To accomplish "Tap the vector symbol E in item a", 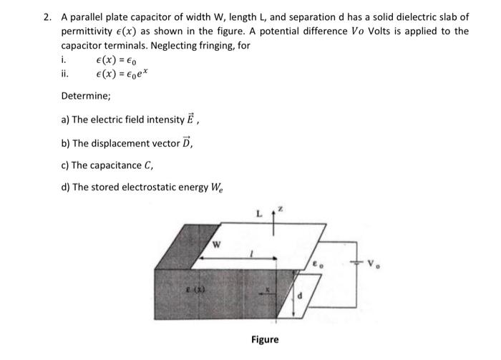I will pyautogui.click(x=180, y=119).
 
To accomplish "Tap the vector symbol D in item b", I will pyautogui.click(x=186, y=142).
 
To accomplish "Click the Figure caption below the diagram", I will pyautogui.click(x=265, y=339).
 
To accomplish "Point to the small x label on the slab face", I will pyautogui.click(x=266, y=291).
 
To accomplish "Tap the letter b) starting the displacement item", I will pyautogui.click(x=66, y=142).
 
